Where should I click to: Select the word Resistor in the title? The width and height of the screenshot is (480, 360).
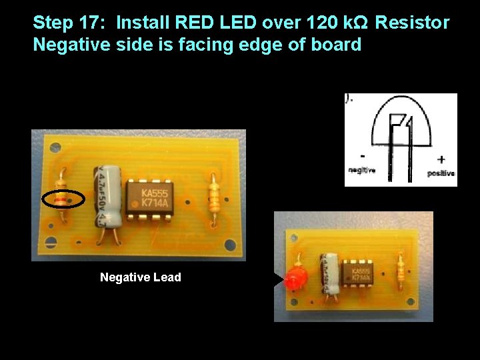(x=413, y=23)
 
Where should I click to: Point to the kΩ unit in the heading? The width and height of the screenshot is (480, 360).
(x=359, y=23)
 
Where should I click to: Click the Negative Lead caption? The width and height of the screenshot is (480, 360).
(x=140, y=277)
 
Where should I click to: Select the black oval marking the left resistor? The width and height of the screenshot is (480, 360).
(x=63, y=199)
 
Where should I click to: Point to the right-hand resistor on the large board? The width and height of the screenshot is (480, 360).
(x=214, y=196)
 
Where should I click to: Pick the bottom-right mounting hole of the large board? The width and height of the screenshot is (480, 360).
(x=230, y=245)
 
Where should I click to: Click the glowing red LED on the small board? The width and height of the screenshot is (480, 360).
(x=295, y=279)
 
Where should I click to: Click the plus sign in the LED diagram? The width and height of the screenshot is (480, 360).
(x=441, y=159)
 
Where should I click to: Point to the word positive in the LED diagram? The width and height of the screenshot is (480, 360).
(x=441, y=173)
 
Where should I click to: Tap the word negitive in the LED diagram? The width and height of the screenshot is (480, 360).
(x=362, y=170)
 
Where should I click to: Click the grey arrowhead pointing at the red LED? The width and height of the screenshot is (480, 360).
(x=278, y=280)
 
